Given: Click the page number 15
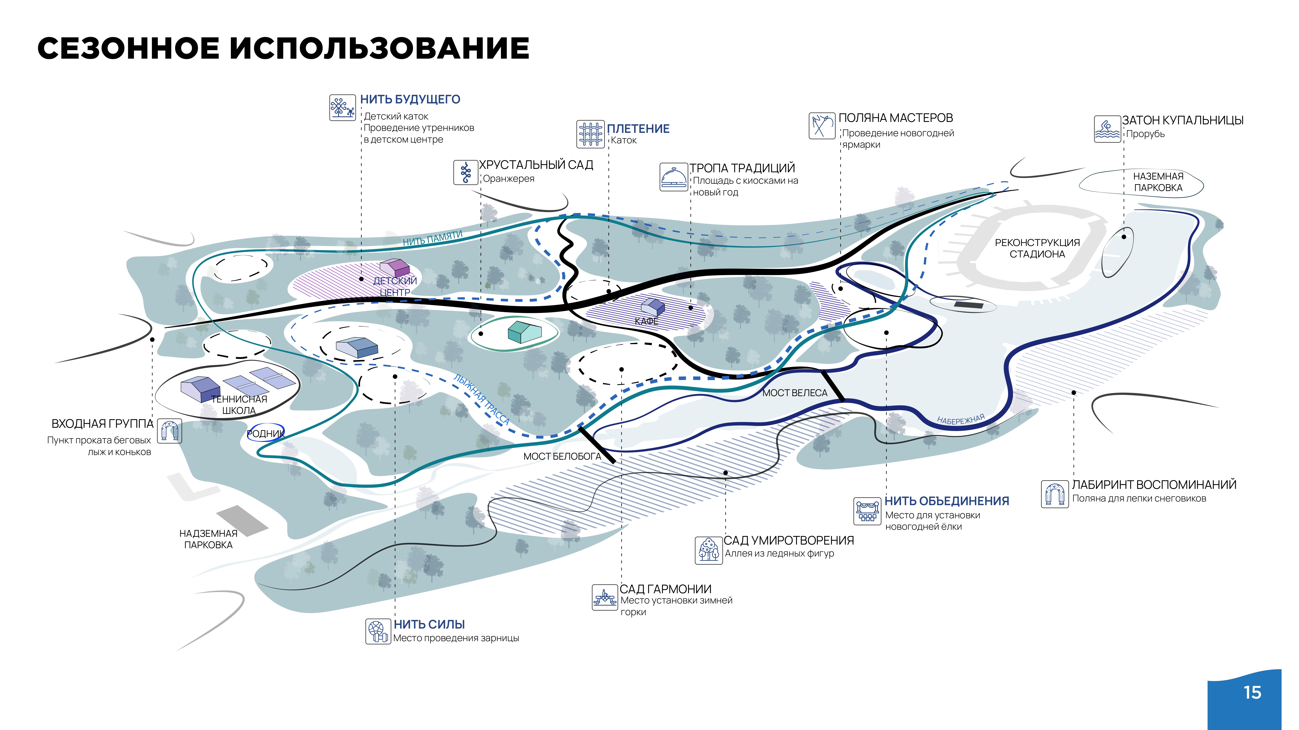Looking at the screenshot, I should pyautogui.click(x=1252, y=693).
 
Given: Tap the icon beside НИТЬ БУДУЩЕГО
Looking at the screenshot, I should pyautogui.click(x=342, y=108).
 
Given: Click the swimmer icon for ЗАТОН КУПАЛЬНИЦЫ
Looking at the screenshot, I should pyautogui.click(x=1107, y=129).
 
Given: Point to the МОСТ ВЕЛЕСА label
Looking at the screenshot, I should pyautogui.click(x=795, y=393).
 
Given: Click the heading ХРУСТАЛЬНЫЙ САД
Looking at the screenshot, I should pyautogui.click(x=536, y=165).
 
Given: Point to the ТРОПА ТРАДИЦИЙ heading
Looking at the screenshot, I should pyautogui.click(x=742, y=168).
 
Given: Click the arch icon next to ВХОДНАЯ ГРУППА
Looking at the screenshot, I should pyautogui.click(x=169, y=431).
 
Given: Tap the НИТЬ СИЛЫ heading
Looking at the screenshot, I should pyautogui.click(x=429, y=624).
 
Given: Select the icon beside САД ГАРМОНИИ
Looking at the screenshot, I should pyautogui.click(x=605, y=597).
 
